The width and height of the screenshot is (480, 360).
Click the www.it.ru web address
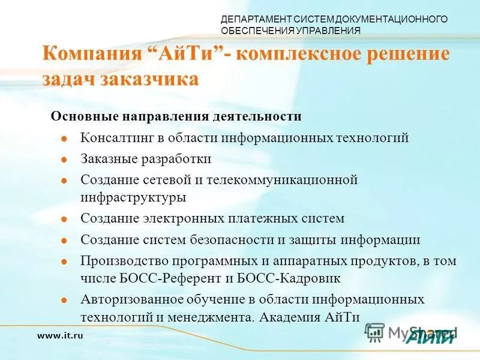click(x=60, y=335)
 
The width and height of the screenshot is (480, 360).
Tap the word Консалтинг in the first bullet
click(x=116, y=137)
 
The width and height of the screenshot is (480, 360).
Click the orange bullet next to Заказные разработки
click(x=64, y=160)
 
